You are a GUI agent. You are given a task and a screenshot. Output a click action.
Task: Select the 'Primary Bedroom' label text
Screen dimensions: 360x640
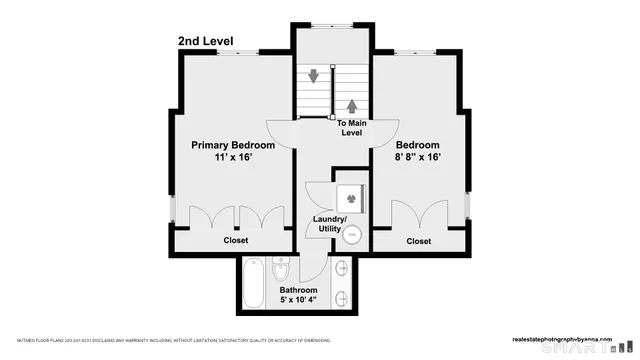pyautogui.click(x=233, y=145)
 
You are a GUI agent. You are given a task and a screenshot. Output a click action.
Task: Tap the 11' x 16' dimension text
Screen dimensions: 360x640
pyautogui.click(x=233, y=158)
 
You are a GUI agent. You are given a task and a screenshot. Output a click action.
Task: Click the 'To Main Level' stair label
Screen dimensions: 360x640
pyautogui.click(x=351, y=128)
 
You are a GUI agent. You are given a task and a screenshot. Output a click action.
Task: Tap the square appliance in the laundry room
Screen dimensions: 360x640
pyautogui.click(x=350, y=197)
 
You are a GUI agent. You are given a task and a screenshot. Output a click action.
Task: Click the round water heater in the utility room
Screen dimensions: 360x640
pyautogui.click(x=352, y=236)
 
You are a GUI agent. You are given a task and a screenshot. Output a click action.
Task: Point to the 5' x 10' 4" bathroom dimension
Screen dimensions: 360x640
pyautogui.click(x=299, y=301)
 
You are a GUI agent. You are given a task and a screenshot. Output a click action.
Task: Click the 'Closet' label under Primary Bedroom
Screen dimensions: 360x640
pyautogui.click(x=236, y=241)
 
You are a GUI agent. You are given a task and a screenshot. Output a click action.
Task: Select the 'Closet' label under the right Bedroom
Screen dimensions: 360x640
pyautogui.click(x=418, y=241)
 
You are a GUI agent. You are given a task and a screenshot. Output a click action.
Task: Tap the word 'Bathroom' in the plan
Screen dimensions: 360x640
pyautogui.click(x=299, y=291)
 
